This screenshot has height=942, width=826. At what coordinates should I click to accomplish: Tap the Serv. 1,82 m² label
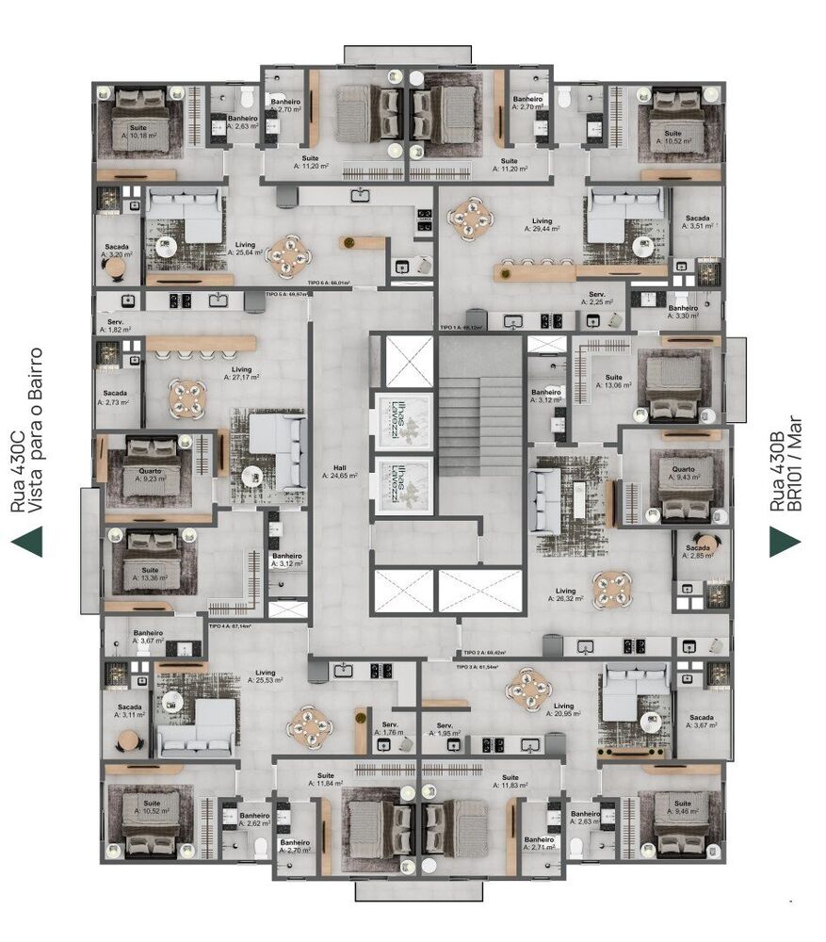click(111, 326)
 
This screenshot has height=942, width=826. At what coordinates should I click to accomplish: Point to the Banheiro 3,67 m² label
click(148, 637)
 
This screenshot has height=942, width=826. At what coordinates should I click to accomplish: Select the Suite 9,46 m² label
click(679, 805)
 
